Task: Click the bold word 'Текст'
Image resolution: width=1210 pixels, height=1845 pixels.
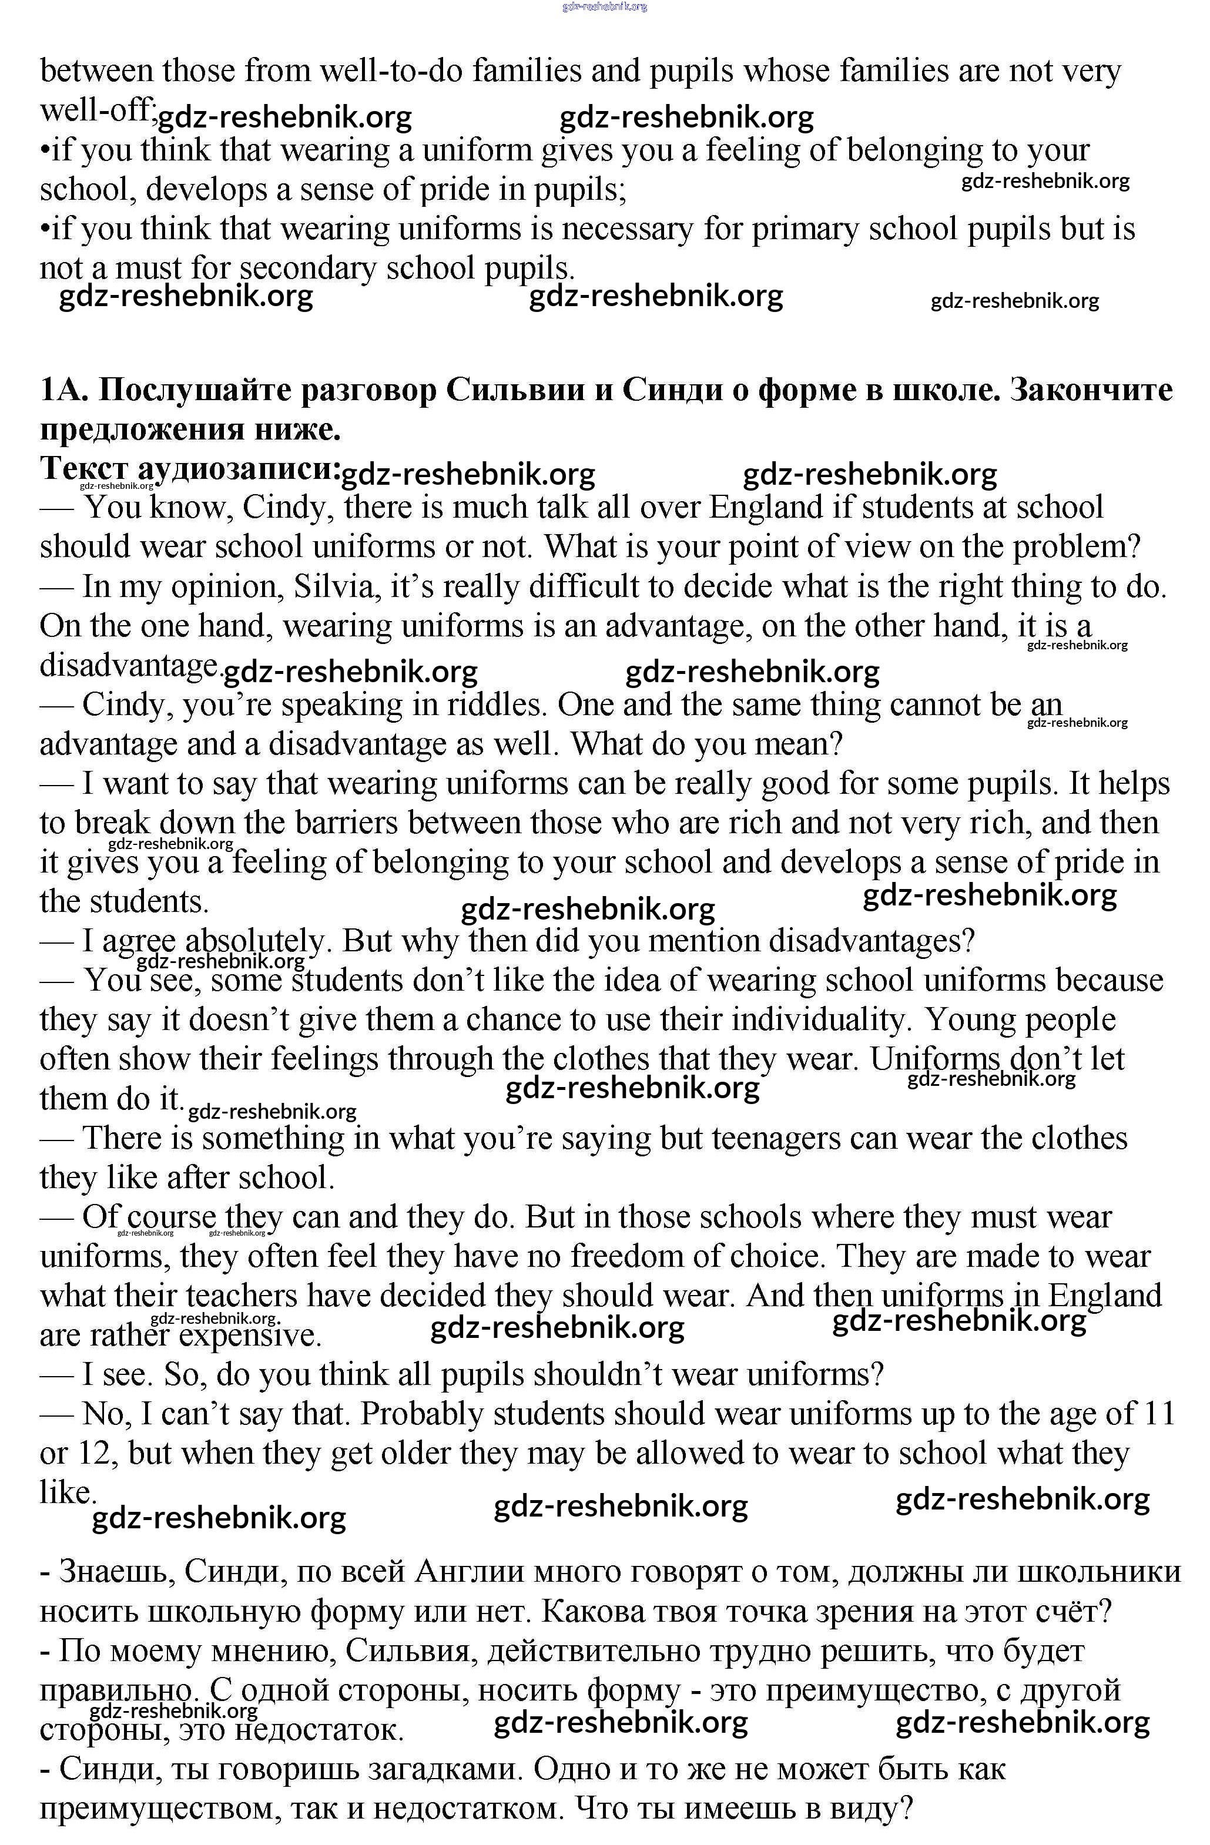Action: click(x=83, y=469)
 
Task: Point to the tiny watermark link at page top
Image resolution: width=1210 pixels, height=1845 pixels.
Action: click(x=605, y=6)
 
